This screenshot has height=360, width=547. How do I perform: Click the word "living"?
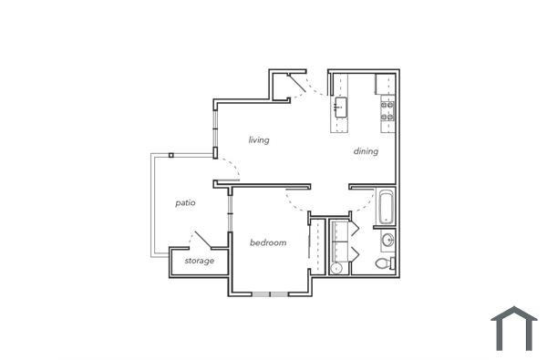tap(259, 139)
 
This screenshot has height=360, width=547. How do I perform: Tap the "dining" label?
tap(366, 151)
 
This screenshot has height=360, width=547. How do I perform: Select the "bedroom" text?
tap(268, 242)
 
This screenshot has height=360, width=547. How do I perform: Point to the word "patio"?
tap(186, 202)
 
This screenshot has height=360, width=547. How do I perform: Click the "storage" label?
tap(200, 261)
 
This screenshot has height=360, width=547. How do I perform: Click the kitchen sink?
tap(340, 108)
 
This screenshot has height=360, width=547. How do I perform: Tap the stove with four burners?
tap(387, 111)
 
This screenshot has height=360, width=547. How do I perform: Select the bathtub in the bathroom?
tap(386, 207)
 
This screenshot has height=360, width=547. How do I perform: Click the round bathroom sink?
tap(387, 240)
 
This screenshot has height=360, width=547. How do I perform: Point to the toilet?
tap(386, 263)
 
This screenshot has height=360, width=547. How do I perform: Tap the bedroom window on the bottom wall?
tap(270, 293)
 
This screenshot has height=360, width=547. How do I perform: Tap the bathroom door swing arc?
tap(362, 205)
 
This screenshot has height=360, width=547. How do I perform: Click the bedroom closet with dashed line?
tap(316, 244)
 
